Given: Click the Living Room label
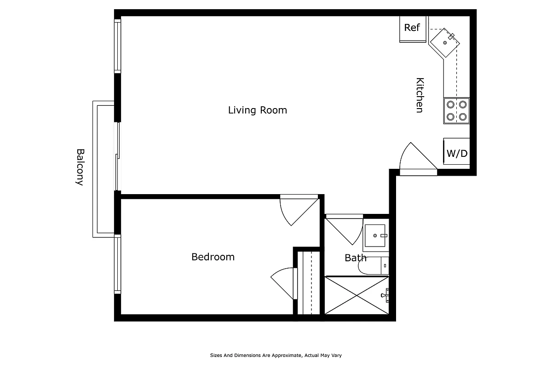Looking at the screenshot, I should pyautogui.click(x=257, y=110).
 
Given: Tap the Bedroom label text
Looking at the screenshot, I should pyautogui.click(x=213, y=257).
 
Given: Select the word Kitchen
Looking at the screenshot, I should pyautogui.click(x=420, y=95).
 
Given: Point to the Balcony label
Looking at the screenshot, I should pyautogui.click(x=80, y=167).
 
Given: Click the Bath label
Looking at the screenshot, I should pyautogui.click(x=355, y=258).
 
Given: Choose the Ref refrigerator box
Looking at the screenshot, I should pyautogui.click(x=413, y=28).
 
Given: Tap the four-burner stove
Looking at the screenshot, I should pyautogui.click(x=456, y=111).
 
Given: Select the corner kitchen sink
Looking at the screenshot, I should pyautogui.click(x=445, y=42).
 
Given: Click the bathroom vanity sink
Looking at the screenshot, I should pyautogui.click(x=376, y=236).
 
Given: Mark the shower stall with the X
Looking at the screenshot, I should pyautogui.click(x=356, y=295).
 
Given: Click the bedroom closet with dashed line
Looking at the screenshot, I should pyautogui.click(x=308, y=282).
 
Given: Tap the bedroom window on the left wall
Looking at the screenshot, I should pyautogui.click(x=118, y=264).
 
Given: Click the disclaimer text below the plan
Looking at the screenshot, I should pyautogui.click(x=276, y=355).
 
